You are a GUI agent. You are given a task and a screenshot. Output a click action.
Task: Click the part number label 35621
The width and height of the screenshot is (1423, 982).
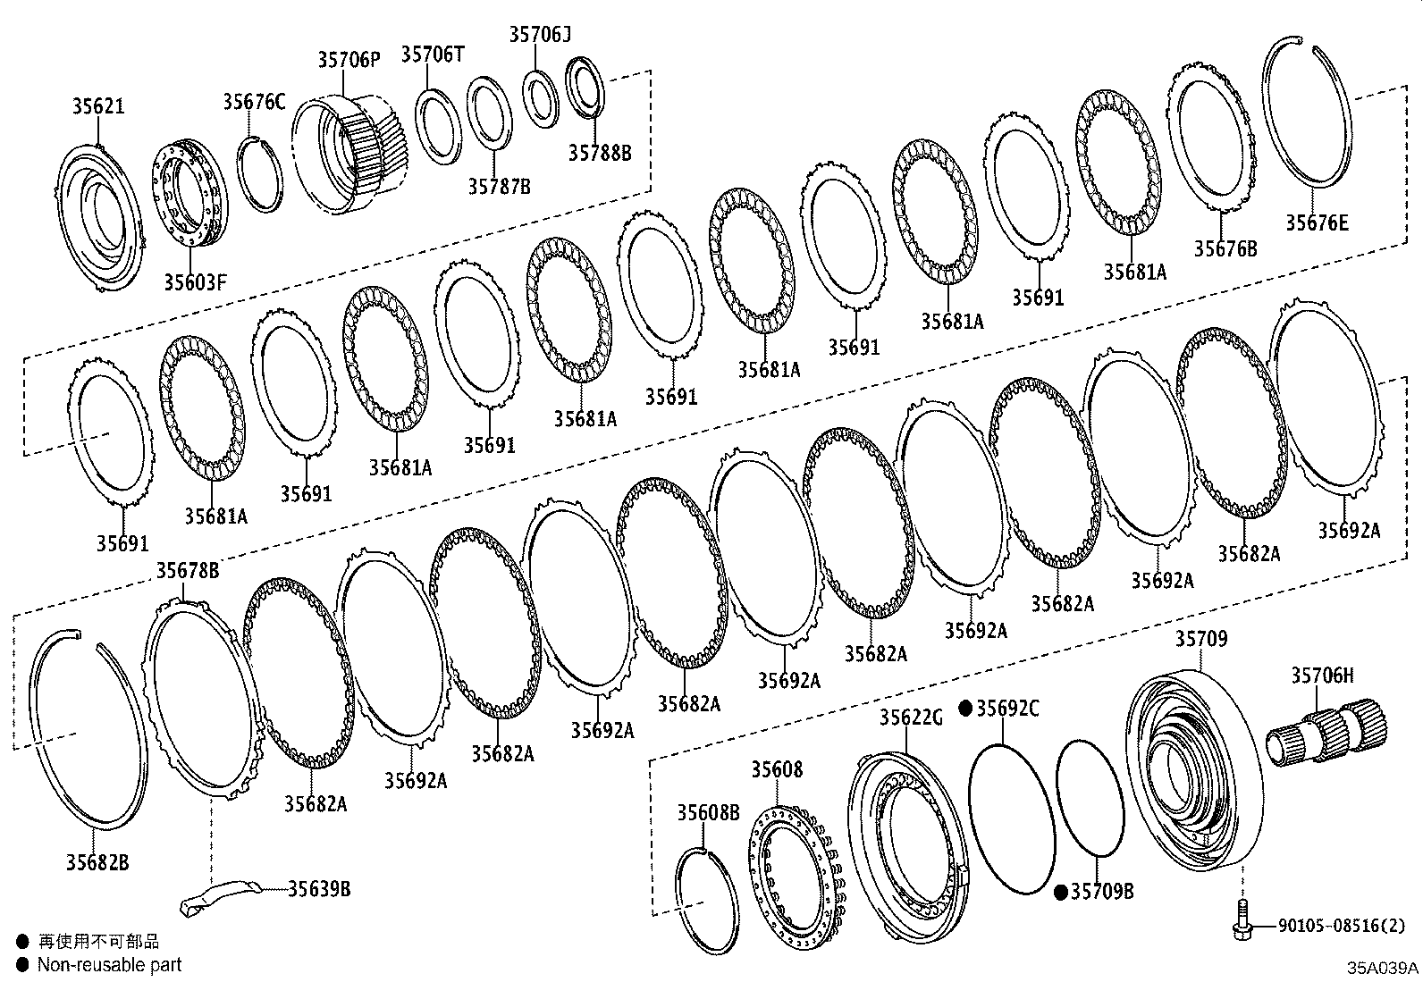[98, 106]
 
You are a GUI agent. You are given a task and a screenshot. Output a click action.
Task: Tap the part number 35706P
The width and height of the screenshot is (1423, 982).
[349, 60]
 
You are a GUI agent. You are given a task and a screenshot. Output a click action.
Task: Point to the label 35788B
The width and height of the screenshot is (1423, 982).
[599, 153]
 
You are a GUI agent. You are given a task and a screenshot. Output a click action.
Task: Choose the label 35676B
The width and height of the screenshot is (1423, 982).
[1225, 249]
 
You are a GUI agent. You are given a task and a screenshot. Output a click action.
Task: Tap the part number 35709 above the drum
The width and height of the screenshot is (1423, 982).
[1200, 639]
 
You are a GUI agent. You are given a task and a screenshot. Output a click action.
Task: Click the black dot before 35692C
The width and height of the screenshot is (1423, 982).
[965, 709]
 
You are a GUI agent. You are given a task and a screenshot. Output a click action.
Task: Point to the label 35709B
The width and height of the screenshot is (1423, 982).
[1101, 892]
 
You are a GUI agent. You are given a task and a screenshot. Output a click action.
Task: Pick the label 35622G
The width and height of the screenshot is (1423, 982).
[911, 718]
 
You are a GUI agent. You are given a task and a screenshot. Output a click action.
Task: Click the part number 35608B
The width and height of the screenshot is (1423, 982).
[708, 812]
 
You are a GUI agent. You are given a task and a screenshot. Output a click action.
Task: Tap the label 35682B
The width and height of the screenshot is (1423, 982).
[97, 862]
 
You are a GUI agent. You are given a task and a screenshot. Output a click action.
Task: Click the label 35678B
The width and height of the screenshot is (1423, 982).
[188, 570]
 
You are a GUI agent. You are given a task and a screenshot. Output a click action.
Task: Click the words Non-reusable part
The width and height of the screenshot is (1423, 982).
[109, 965]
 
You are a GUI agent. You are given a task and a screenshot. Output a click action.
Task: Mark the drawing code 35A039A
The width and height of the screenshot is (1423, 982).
[1383, 969]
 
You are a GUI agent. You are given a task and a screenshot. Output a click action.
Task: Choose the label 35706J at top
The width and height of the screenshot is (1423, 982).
[540, 35]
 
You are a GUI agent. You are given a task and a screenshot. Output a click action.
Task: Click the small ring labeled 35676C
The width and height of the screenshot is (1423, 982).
[260, 175]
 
